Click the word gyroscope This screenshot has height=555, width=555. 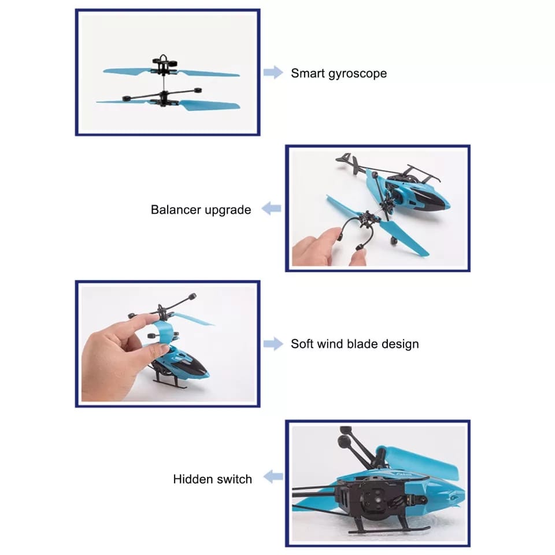(x=357, y=74)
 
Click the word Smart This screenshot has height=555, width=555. (x=307, y=73)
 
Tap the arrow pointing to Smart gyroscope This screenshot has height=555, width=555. (x=273, y=73)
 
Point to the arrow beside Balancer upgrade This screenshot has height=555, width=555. (x=271, y=209)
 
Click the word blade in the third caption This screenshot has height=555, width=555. (x=362, y=344)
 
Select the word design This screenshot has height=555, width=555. (x=400, y=345)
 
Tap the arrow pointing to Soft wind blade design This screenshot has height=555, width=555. (x=273, y=344)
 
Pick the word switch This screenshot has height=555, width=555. (x=234, y=479)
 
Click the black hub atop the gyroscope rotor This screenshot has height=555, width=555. (x=162, y=62)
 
